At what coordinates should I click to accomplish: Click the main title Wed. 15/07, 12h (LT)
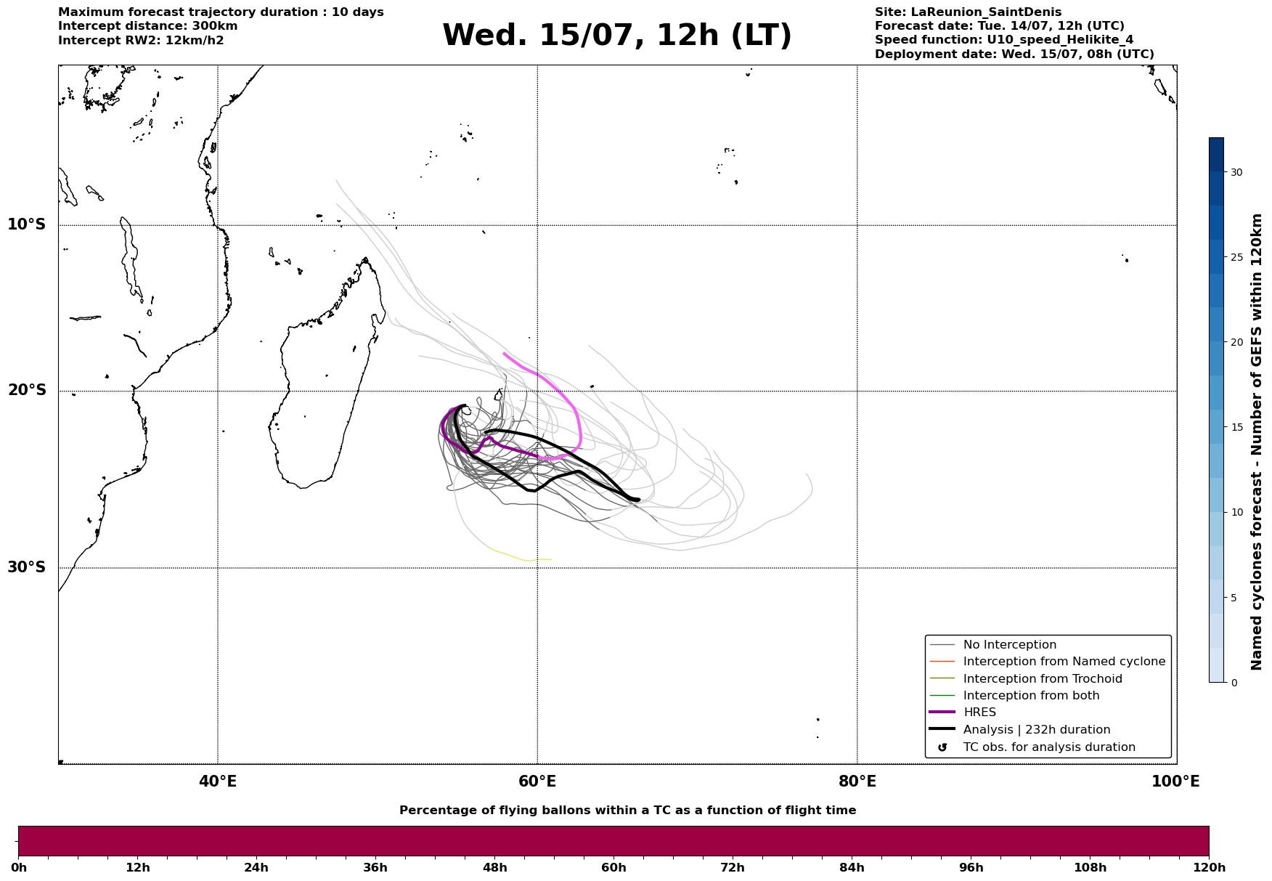[617, 36]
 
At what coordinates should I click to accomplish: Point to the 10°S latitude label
[27, 224]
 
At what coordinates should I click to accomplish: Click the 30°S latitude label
[27, 567]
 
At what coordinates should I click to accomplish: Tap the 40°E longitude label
[218, 781]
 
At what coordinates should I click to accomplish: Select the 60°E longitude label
[537, 781]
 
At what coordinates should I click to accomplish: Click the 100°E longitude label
[1175, 781]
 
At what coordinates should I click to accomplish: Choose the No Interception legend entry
[993, 645]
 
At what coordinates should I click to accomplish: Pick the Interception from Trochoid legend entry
[1026, 679]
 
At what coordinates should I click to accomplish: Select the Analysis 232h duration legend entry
[1020, 730]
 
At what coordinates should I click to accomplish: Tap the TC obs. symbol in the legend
[942, 747]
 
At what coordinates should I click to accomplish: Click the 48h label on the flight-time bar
[495, 867]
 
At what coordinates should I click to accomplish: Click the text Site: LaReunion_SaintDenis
[968, 12]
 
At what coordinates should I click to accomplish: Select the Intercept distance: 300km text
[148, 26]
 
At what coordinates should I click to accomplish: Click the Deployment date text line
[1014, 54]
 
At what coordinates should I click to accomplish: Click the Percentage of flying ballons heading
[628, 811]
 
